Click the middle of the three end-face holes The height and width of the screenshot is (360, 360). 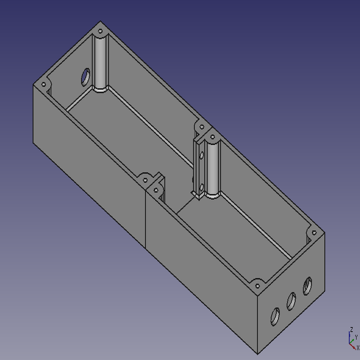tap(291, 301)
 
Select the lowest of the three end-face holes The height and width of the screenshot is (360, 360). tap(275, 316)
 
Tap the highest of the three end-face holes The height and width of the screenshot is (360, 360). tap(307, 286)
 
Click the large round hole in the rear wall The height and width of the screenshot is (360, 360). tap(85, 77)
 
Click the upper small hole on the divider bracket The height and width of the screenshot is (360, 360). tap(202, 154)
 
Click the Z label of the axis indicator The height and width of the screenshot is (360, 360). tap(351, 329)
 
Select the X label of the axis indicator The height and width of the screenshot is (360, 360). tap(358, 348)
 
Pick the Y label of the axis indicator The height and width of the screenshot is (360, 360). tap(356, 337)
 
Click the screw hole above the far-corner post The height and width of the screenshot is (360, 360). tap(100, 31)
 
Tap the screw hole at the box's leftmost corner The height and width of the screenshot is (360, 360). tap(44, 85)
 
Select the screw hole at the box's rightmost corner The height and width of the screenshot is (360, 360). tap(314, 232)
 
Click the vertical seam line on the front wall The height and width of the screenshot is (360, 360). tap(146, 218)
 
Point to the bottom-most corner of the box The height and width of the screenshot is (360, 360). tap(258, 353)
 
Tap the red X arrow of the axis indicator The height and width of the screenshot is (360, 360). tap(353, 345)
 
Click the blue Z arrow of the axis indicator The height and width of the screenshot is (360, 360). tap(349, 337)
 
